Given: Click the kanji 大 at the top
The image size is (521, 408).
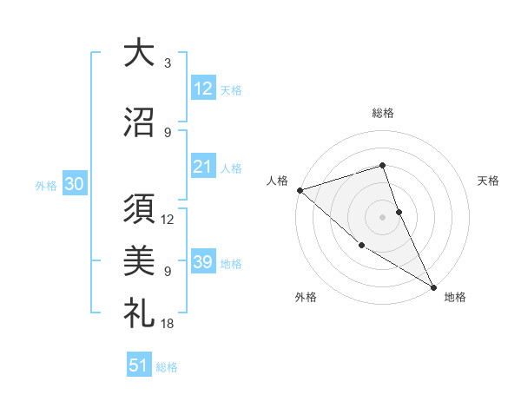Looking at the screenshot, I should (x=138, y=54).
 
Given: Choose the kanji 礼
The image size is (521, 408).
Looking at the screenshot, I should (x=138, y=311).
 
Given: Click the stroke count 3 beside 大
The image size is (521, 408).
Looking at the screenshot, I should (x=167, y=63).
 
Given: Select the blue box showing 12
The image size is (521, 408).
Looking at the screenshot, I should (x=203, y=88).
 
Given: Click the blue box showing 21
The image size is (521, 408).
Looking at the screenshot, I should (x=203, y=167).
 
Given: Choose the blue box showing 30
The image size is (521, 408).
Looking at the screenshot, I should (x=74, y=184).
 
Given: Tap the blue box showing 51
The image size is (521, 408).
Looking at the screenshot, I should (x=139, y=365).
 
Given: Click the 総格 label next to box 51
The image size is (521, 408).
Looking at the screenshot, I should (x=167, y=367).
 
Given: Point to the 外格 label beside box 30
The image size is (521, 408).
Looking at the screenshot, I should (x=46, y=185).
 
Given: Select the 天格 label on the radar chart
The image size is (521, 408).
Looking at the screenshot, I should (x=489, y=181).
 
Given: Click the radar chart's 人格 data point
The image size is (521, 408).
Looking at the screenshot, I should (x=300, y=190).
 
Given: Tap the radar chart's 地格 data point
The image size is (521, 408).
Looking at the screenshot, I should (x=433, y=286).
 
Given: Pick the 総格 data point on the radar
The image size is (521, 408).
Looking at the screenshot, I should (x=382, y=165).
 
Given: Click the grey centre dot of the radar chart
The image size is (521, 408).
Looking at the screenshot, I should (x=382, y=216).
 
